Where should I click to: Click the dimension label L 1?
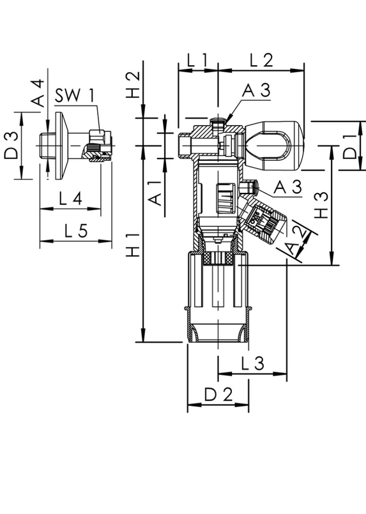point(197,60)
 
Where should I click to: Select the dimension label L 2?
point(261,60)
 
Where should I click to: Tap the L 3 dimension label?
point(252,363)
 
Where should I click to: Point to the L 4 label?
point(70,199)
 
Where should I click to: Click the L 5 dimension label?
point(76,231)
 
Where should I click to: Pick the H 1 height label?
point(133,245)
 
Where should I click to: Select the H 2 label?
point(133,85)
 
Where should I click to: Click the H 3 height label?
point(322,205)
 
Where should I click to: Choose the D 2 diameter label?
point(218,395)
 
